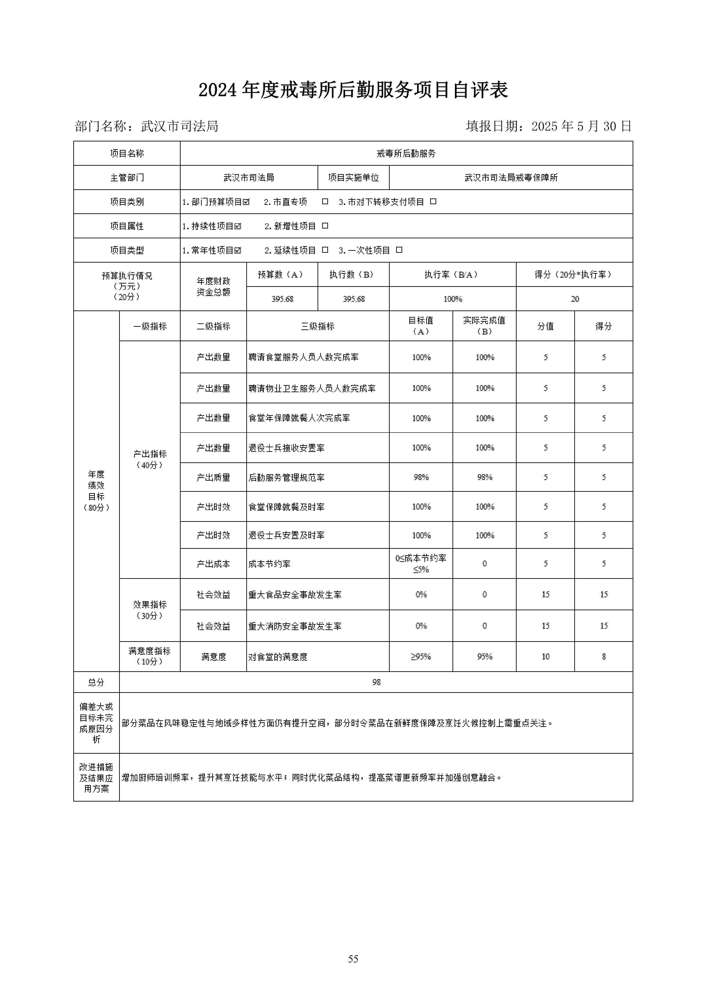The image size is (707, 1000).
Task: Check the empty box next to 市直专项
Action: (x=325, y=202)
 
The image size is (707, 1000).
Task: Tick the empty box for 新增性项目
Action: (x=325, y=226)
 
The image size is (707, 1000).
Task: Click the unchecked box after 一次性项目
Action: (x=399, y=250)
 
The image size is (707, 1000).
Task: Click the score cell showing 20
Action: (x=575, y=299)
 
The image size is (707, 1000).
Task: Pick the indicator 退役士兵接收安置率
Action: (x=286, y=448)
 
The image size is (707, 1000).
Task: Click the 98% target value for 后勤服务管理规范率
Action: (x=421, y=477)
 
